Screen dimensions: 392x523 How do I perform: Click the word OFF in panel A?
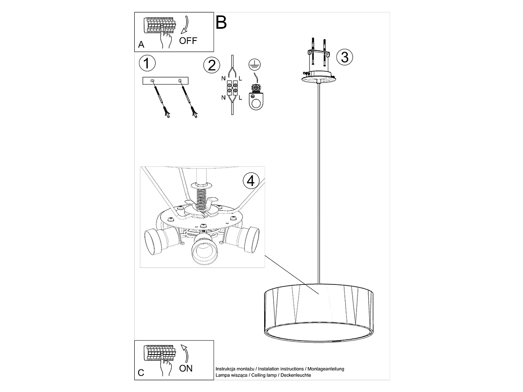point(188,41)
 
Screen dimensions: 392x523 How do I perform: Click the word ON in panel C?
point(186,368)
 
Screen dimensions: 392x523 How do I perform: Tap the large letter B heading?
point(221,22)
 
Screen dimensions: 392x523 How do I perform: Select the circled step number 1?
point(147,64)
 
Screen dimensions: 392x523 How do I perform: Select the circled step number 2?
point(212,65)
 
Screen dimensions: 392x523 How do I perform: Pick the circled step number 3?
point(345,57)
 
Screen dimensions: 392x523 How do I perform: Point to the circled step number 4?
point(250,181)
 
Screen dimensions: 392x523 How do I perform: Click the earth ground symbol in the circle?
point(253,65)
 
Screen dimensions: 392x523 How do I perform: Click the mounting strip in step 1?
point(166,81)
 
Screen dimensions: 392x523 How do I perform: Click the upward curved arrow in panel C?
point(185,352)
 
